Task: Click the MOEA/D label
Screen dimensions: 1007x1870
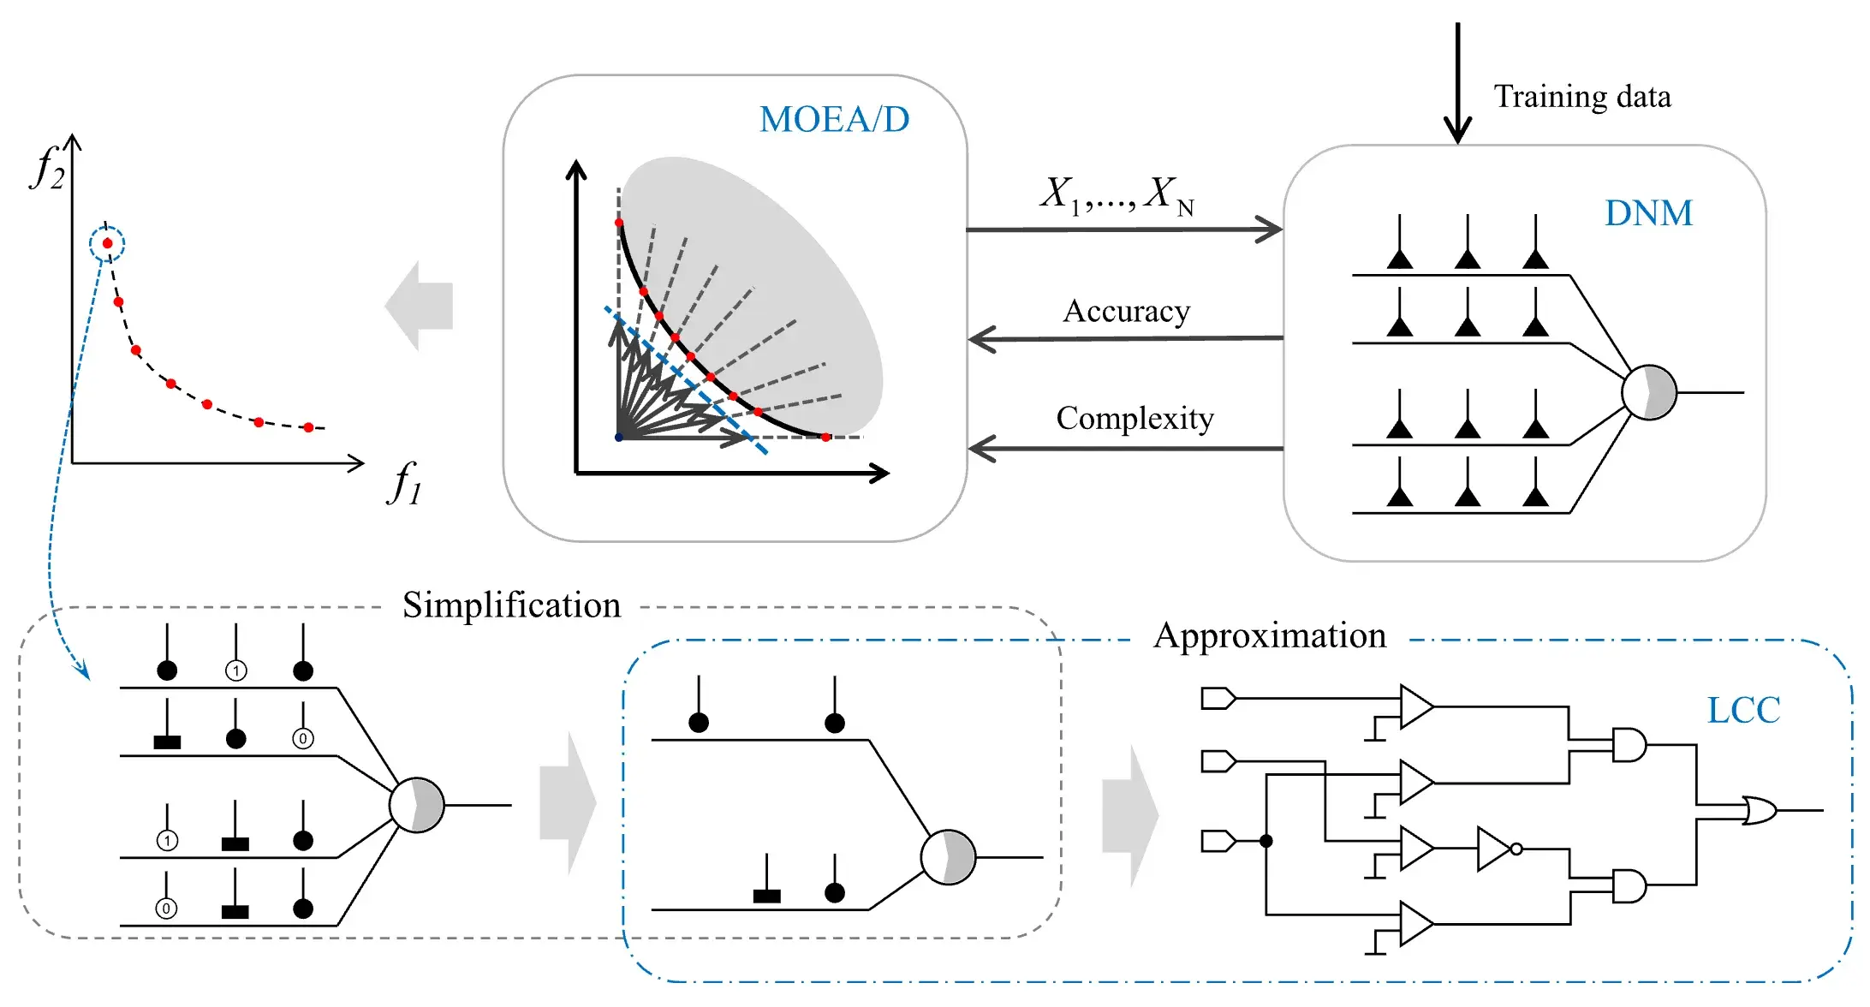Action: (x=834, y=120)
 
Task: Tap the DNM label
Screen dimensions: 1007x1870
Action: (x=1648, y=213)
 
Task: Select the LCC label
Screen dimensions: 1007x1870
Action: (x=1743, y=710)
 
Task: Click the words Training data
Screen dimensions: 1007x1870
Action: (x=1582, y=97)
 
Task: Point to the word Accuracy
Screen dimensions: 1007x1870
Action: (x=1126, y=311)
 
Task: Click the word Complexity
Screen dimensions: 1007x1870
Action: (x=1135, y=418)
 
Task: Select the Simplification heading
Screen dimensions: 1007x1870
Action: (x=511, y=605)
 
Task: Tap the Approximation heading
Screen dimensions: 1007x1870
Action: (x=1270, y=635)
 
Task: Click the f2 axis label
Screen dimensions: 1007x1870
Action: (x=47, y=167)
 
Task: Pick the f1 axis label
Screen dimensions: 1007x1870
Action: (x=405, y=484)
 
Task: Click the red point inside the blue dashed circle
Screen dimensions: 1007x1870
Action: (x=107, y=244)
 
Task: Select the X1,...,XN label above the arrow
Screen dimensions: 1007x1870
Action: (x=1117, y=195)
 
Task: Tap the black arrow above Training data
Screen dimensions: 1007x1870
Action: (x=1457, y=81)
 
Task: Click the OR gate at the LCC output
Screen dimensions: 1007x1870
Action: (x=1760, y=810)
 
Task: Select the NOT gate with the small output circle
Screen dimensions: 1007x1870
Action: (x=1497, y=849)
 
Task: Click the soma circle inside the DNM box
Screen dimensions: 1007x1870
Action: (x=1649, y=392)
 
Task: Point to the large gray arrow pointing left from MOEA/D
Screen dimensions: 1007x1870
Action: (x=420, y=306)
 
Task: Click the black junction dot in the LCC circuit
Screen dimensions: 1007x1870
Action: (x=1266, y=841)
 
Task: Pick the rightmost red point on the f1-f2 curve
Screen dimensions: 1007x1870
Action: (x=309, y=427)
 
